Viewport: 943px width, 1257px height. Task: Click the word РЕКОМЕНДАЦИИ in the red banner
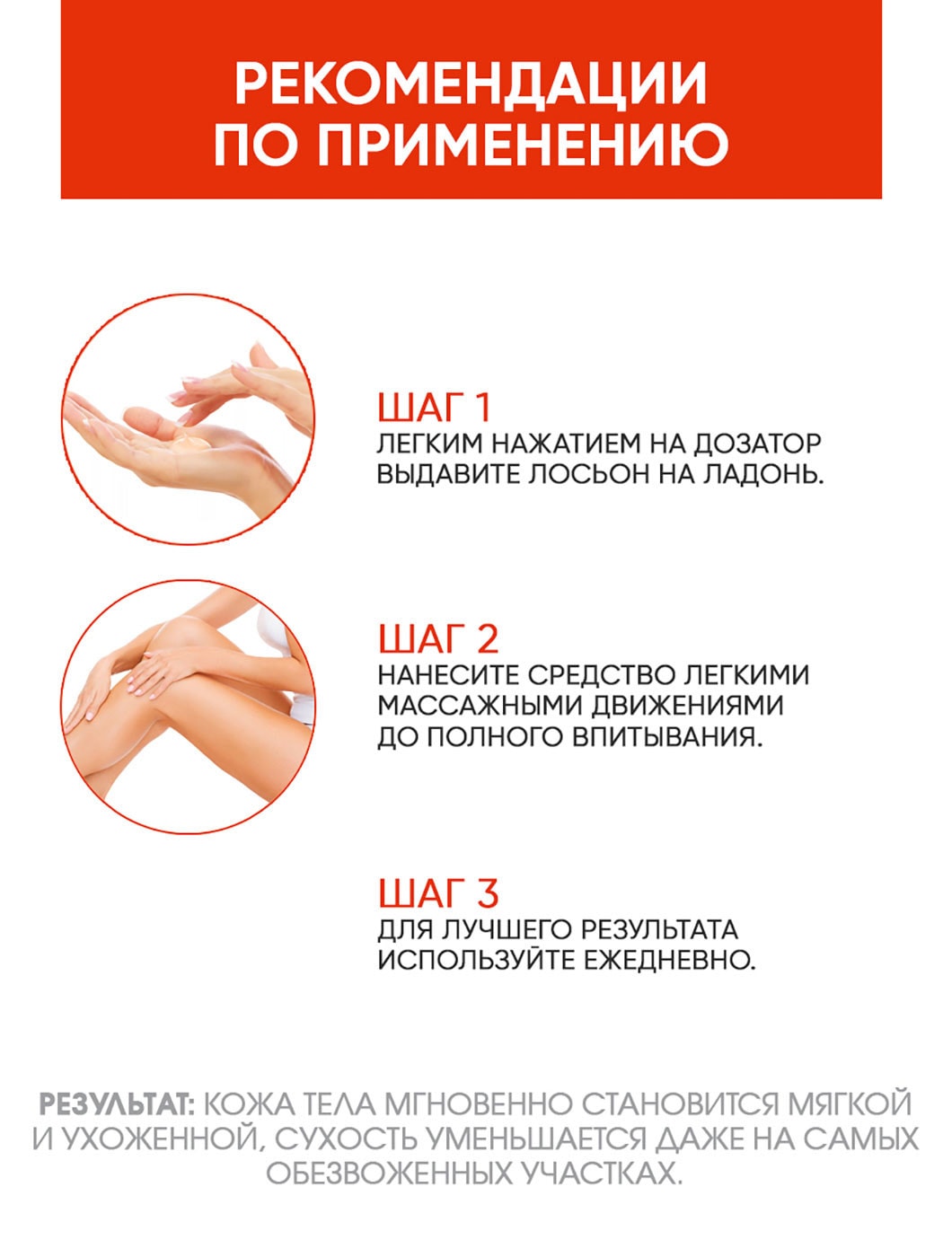[471, 84]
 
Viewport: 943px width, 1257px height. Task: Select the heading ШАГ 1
[435, 408]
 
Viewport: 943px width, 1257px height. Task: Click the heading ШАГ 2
[437, 639]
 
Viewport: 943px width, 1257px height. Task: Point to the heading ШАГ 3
[437, 893]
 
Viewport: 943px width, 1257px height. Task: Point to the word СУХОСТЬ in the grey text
[346, 1138]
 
